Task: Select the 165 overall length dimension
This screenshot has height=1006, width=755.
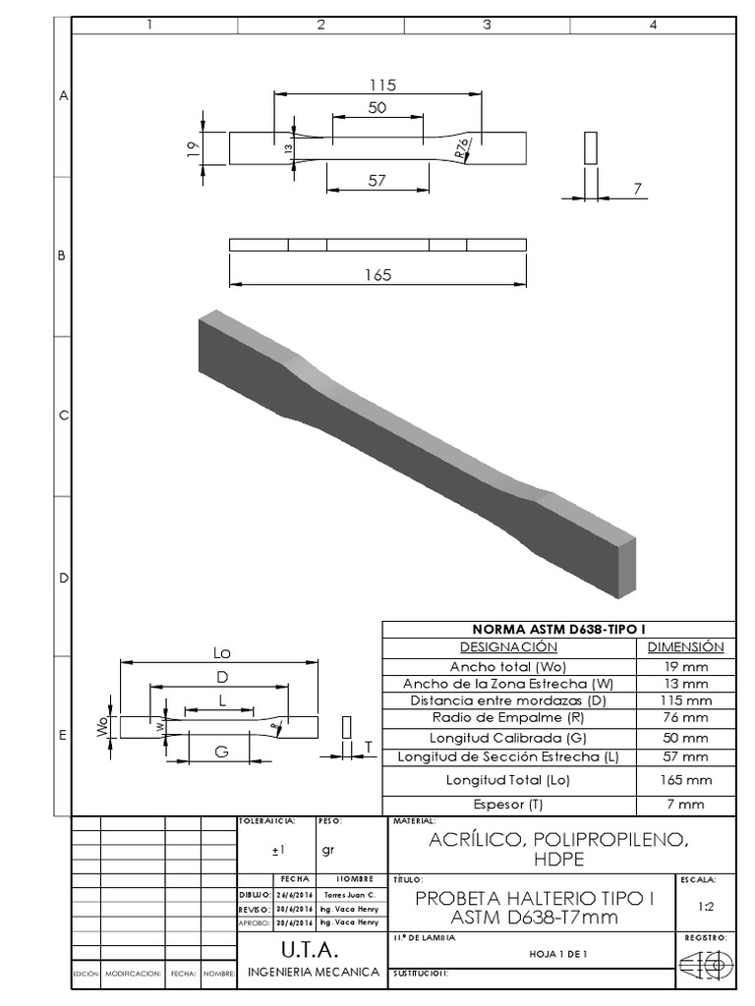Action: [x=377, y=275]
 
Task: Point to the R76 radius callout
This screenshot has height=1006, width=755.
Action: [x=461, y=147]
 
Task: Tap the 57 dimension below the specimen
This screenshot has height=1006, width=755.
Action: [x=377, y=180]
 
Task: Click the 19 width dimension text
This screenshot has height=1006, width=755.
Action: [x=193, y=147]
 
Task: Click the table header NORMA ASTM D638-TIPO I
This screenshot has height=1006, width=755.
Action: [x=557, y=630]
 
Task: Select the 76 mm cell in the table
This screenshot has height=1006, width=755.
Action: [x=686, y=718]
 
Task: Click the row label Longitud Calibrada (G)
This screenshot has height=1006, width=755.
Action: [x=509, y=737]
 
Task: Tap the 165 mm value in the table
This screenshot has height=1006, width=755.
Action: [x=686, y=780]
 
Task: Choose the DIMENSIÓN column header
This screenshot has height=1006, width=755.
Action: [x=685, y=647]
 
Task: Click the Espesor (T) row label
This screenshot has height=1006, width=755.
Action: [x=509, y=804]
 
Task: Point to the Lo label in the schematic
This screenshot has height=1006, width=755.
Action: [x=221, y=652]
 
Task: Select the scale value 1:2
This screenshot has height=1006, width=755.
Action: [x=705, y=909]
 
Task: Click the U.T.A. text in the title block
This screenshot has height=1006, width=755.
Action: [x=311, y=951]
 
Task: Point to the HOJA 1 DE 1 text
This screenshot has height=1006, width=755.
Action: [x=556, y=953]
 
